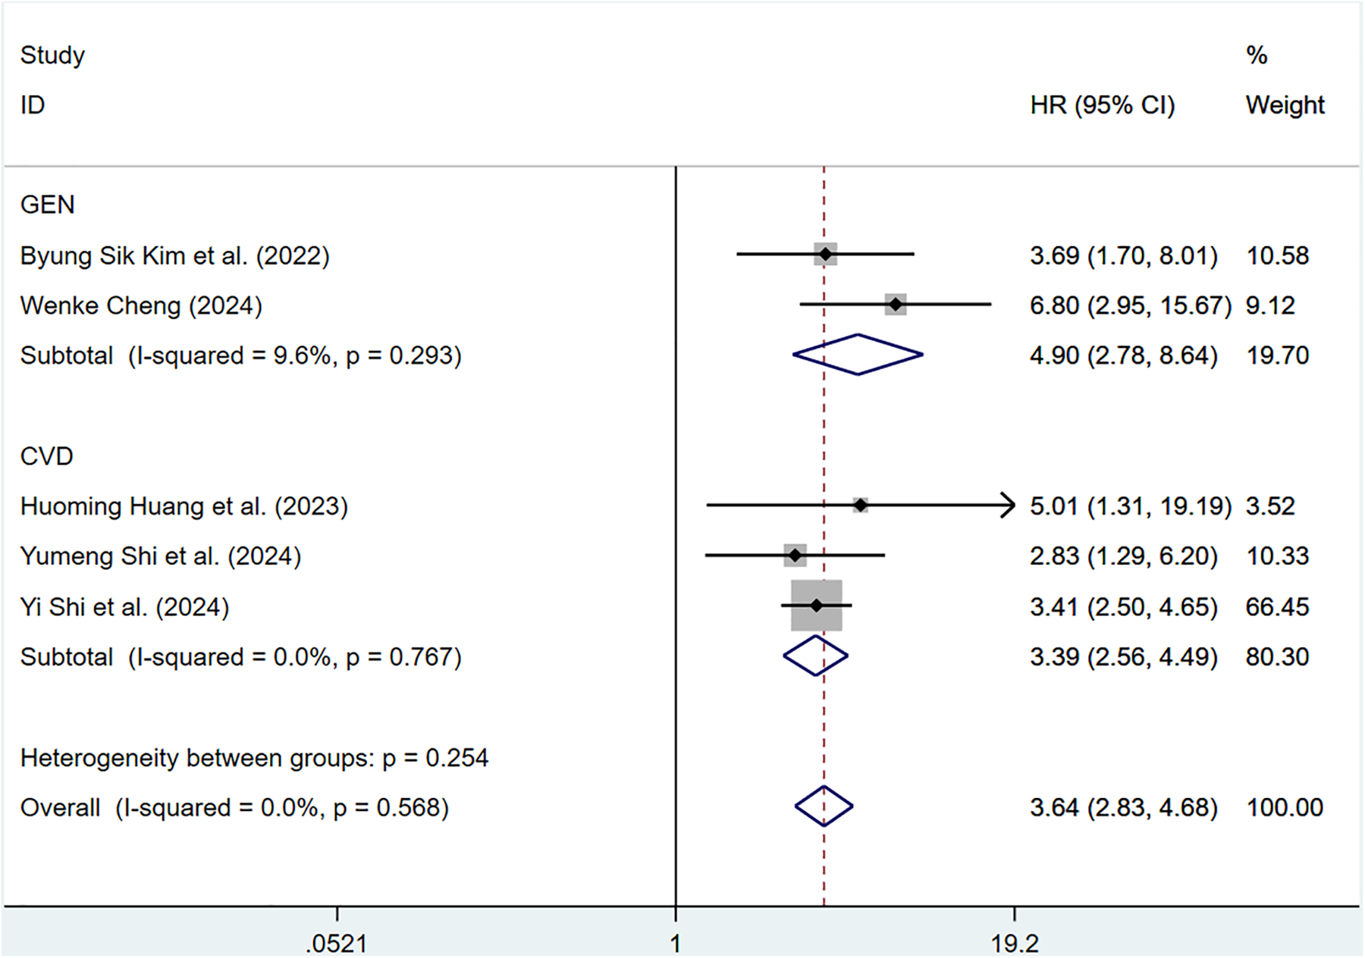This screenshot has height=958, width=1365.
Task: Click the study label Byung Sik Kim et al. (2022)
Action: (x=174, y=256)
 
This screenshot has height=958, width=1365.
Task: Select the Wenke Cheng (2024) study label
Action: (x=141, y=306)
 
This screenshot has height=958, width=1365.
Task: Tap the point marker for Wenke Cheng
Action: (x=896, y=305)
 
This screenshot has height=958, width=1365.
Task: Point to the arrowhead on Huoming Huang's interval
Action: (x=1009, y=505)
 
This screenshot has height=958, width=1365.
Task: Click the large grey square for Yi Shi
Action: (x=816, y=606)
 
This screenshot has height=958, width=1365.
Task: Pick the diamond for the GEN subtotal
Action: (x=858, y=355)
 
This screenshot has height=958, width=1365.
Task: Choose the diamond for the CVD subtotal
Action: (x=815, y=656)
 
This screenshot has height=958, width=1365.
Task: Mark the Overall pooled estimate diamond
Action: (x=824, y=806)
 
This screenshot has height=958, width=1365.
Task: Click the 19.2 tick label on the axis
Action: (x=1015, y=944)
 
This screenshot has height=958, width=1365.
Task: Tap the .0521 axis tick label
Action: (x=337, y=944)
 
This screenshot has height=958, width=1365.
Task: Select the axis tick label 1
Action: (x=675, y=944)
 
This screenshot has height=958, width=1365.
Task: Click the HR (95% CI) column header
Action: (x=1102, y=105)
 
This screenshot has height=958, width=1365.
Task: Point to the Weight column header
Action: (x=1285, y=105)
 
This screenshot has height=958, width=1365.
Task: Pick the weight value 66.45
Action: (x=1277, y=607)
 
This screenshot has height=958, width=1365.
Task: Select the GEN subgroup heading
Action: (x=47, y=205)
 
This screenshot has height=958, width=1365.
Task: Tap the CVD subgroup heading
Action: (x=46, y=457)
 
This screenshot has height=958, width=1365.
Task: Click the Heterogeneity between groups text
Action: (x=254, y=758)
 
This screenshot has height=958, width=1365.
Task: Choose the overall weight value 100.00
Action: (x=1285, y=808)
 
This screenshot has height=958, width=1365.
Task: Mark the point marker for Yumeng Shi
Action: (x=795, y=556)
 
